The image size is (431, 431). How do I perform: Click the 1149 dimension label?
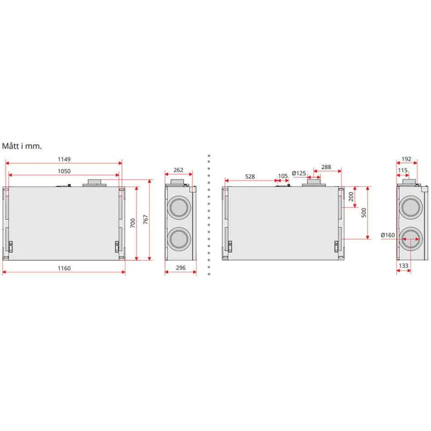64,159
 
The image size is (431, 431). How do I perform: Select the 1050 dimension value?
64,171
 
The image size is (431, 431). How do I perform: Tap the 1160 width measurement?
64,268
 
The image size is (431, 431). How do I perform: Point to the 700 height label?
133,223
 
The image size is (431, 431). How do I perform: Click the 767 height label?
146,219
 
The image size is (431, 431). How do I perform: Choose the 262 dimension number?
178,170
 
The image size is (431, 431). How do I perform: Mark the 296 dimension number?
180,268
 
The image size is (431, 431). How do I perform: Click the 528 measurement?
250,177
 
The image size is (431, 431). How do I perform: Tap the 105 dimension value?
283,176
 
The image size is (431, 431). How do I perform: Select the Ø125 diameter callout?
299,173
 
